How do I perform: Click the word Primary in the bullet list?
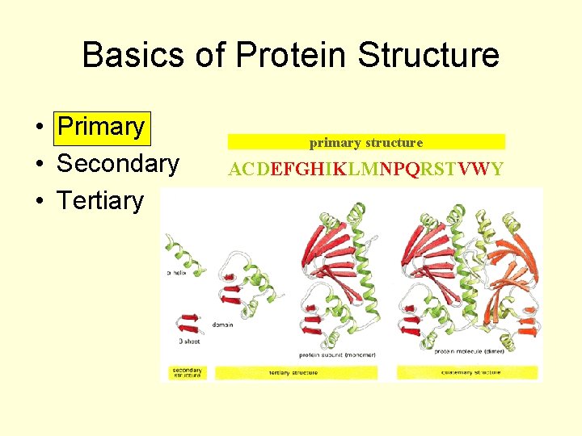pos(101,127)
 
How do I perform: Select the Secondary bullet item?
pos(117,164)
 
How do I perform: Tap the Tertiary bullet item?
pos(100,200)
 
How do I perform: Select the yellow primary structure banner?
pos(366,142)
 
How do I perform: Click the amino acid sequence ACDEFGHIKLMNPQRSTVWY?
pos(366,169)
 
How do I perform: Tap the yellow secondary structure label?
pos(188,372)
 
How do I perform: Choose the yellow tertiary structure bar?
pos(296,372)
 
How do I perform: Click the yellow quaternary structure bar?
pos(466,372)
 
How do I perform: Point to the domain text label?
pos(223,325)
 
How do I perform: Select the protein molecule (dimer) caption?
pos(469,351)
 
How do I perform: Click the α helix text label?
pos(179,273)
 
